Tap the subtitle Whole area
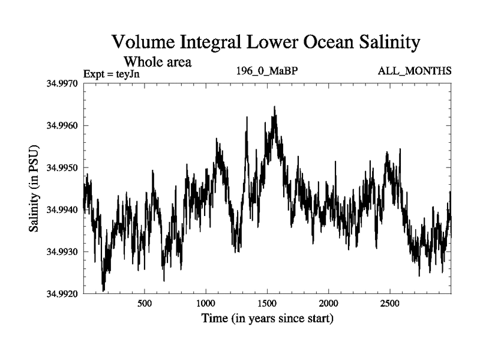tap(157, 61)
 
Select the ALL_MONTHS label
tap(414, 71)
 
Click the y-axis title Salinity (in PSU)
tap(34, 188)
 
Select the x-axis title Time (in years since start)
tap(267, 319)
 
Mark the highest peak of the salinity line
tap(274, 107)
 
